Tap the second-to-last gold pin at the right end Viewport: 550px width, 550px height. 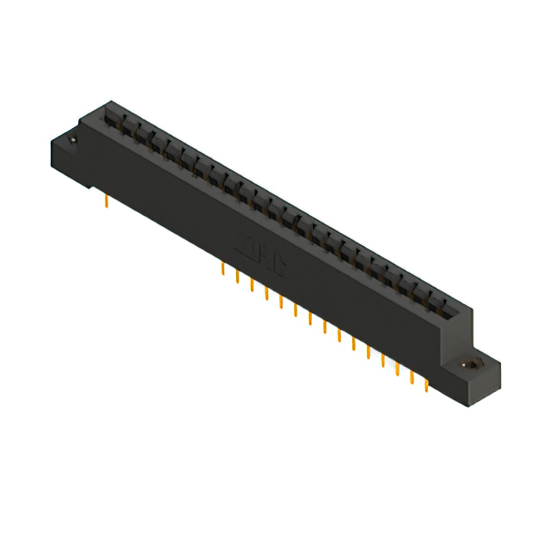click(x=412, y=378)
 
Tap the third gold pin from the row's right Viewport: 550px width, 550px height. click(x=398, y=370)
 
